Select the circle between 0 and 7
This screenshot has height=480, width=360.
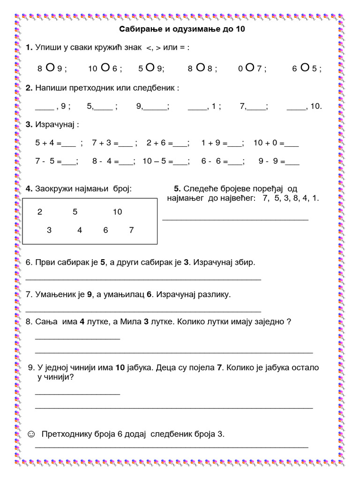(x=250, y=67)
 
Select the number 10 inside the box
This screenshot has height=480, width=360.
(x=117, y=212)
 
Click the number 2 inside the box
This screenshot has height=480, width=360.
(x=40, y=212)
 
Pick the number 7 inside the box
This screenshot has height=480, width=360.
(x=131, y=230)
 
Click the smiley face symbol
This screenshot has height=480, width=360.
(x=31, y=434)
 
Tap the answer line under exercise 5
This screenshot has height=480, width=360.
(x=235, y=219)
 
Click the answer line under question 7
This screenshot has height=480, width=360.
(x=143, y=311)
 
